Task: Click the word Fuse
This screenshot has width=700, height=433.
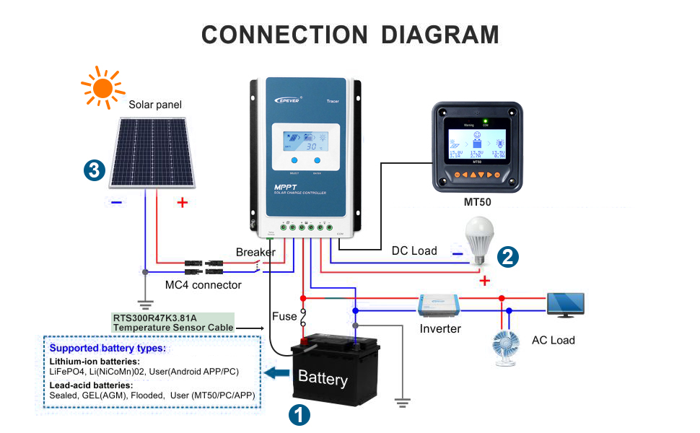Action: [x=284, y=316]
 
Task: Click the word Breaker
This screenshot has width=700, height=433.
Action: [x=255, y=252]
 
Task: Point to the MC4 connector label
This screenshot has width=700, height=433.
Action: [x=203, y=285]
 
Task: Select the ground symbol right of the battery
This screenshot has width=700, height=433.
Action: [x=401, y=402]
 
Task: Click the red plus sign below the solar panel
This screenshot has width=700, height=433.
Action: [x=182, y=204]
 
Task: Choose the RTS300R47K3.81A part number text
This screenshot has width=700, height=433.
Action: [x=154, y=317]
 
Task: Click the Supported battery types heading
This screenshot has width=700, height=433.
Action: [x=108, y=348]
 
